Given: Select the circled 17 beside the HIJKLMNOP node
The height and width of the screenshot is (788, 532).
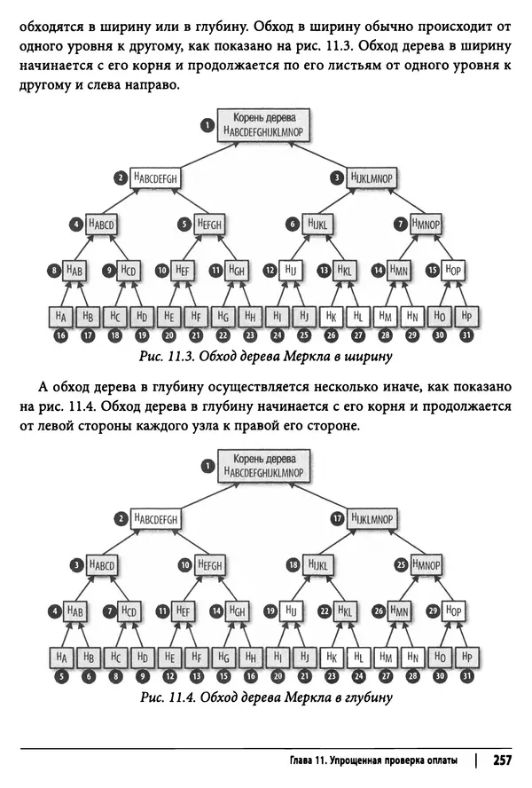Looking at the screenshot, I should pyautogui.click(x=337, y=517).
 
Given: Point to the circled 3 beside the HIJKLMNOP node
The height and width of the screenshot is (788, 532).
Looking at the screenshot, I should pyautogui.click(x=337, y=177).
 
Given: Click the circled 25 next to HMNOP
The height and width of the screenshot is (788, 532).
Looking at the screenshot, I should pyautogui.click(x=401, y=563).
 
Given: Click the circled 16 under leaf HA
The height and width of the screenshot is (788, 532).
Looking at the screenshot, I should pyautogui.click(x=61, y=336).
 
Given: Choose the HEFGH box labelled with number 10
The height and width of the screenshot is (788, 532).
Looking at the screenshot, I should pyautogui.click(x=210, y=563).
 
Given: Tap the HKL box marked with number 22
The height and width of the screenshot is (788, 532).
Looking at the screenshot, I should pyautogui.click(x=346, y=611).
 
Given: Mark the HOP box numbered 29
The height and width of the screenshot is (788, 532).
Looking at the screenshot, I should pyautogui.click(x=454, y=611).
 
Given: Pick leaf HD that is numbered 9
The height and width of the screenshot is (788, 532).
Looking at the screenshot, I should pyautogui.click(x=141, y=656).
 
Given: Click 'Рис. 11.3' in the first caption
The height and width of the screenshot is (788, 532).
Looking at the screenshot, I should pyautogui.click(x=165, y=358).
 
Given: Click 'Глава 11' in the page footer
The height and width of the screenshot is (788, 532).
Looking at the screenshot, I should pyautogui.click(x=313, y=761).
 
